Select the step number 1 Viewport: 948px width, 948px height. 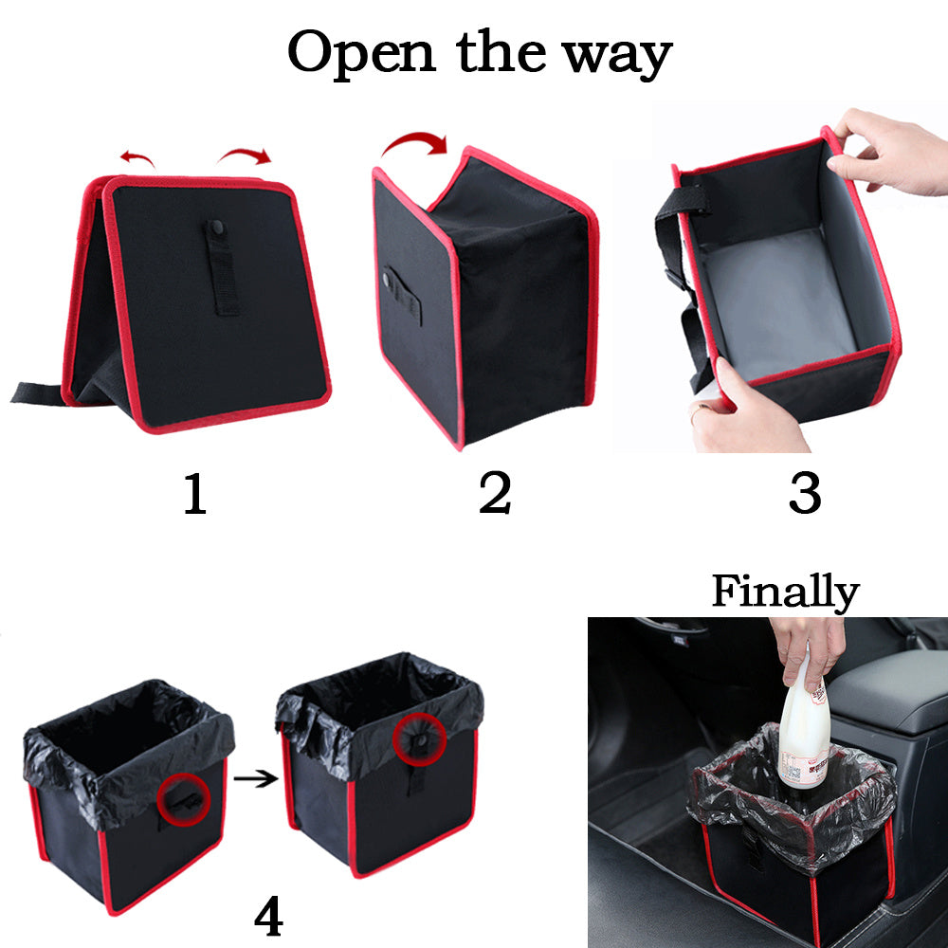coord(194,494)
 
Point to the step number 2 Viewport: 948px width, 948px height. coord(495,494)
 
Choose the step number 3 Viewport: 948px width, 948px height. coord(804,494)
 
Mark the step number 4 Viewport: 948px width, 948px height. coord(268,916)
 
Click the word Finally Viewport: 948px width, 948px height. coord(785,592)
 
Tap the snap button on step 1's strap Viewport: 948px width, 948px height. coord(216,228)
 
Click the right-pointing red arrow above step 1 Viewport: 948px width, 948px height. coord(245,155)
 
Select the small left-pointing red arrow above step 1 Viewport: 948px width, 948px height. coord(137,157)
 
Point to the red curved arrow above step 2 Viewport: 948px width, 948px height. coord(414,146)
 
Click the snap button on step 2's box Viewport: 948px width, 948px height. coord(388,279)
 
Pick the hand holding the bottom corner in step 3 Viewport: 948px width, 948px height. coord(744,408)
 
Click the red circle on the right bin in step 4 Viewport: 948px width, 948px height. coord(418,738)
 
